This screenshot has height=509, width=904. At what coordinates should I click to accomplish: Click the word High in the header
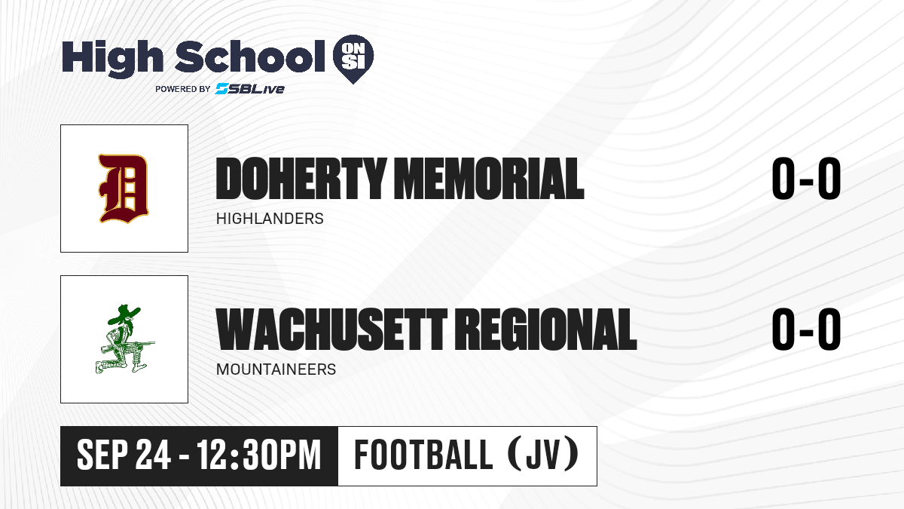112,58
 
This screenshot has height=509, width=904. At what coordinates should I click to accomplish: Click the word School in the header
250,57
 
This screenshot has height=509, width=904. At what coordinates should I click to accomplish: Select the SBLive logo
249,89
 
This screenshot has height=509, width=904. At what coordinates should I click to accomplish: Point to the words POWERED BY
183,89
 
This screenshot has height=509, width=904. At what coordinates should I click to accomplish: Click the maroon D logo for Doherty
124,189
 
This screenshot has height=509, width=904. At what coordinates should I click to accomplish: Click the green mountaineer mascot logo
125,339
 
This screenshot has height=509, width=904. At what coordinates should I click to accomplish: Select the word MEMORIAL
489,179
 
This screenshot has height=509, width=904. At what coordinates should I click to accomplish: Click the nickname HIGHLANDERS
270,219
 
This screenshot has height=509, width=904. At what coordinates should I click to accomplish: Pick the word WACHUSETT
331,330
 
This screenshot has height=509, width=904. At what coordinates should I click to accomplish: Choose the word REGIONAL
548,330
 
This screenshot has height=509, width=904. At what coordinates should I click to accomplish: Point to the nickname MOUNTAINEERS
276,369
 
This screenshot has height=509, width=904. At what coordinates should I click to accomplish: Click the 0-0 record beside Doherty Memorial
806,179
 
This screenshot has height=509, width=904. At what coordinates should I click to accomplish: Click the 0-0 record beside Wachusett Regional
806,330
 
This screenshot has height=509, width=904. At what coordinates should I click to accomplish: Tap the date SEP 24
124,455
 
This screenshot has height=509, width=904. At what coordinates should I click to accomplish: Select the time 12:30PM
258,455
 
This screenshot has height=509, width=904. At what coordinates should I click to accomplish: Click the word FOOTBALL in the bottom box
423,455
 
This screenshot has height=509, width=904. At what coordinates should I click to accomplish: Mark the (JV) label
544,455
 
